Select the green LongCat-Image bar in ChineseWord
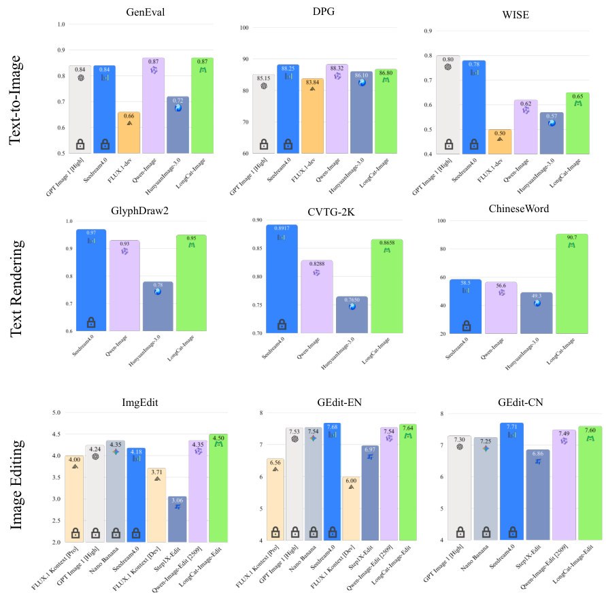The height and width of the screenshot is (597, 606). (x=571, y=286)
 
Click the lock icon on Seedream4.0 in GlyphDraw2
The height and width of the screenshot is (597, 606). (x=90, y=322)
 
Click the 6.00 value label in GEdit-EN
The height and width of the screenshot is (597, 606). (x=351, y=480)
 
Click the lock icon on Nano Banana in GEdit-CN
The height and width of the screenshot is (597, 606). (x=486, y=532)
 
